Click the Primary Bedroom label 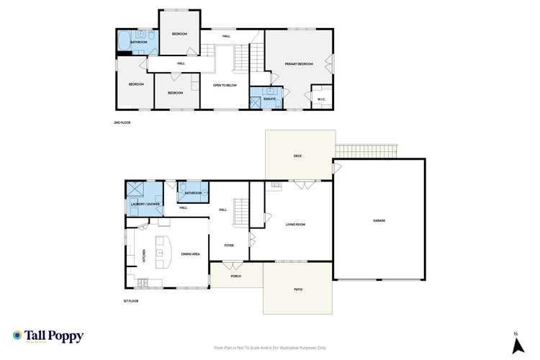point(299,64)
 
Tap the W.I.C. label point(320,99)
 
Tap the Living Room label point(296,225)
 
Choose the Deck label point(297,156)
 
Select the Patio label point(297,289)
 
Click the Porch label point(235,276)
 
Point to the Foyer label point(228,246)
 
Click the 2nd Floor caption point(122,123)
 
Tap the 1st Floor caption point(130,301)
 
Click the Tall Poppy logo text point(54,336)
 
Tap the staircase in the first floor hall point(242,210)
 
